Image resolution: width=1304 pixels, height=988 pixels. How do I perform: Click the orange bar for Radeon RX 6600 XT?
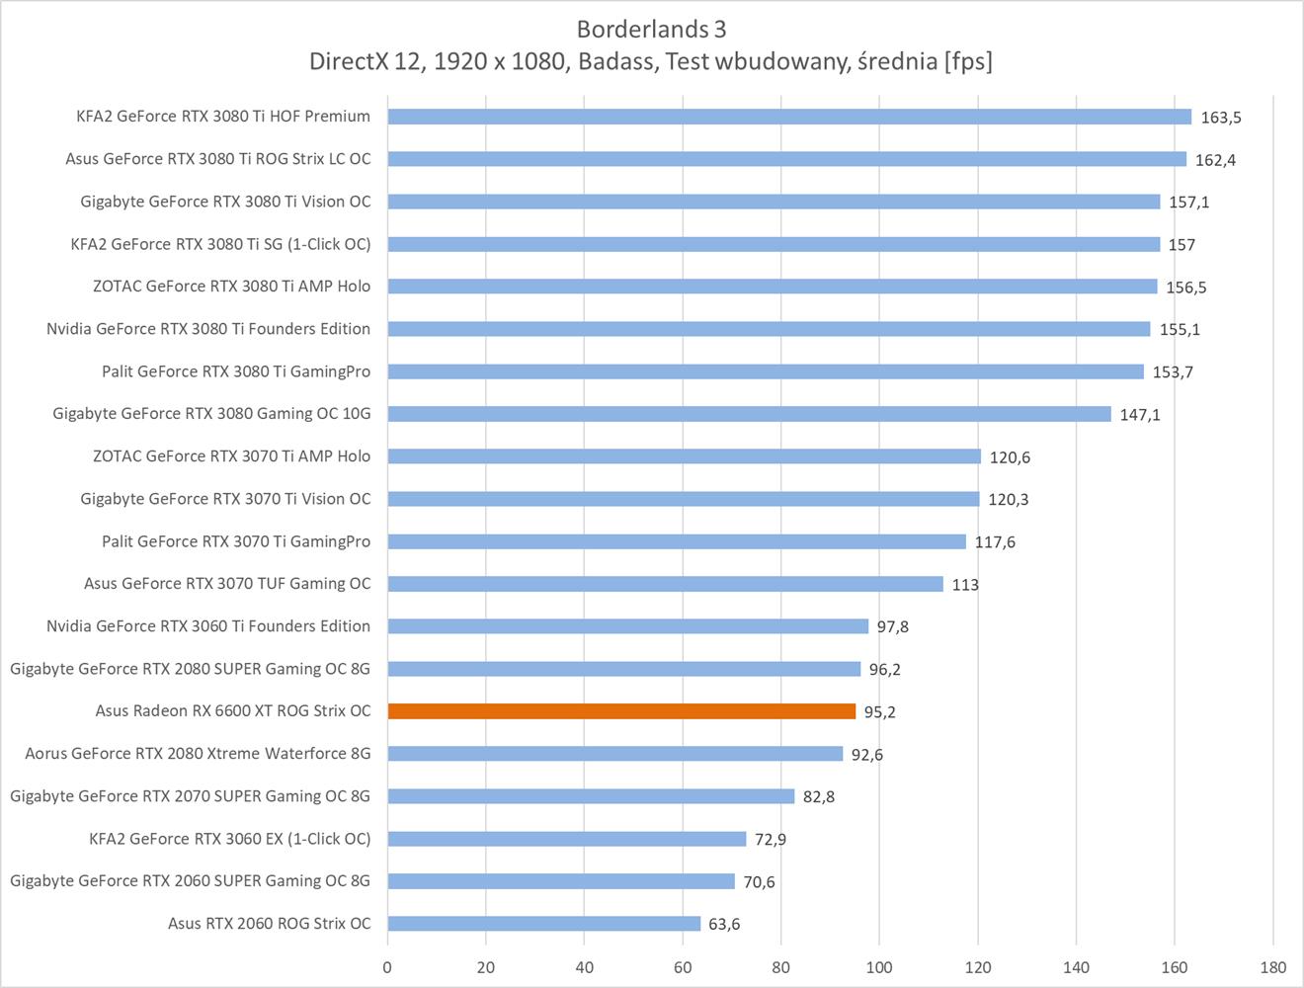click(621, 711)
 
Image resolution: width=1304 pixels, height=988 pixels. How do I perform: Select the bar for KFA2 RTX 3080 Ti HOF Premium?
click(789, 117)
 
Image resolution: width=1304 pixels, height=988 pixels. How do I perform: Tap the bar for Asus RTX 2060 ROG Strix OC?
click(543, 924)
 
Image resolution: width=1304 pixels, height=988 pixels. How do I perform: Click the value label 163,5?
click(1221, 118)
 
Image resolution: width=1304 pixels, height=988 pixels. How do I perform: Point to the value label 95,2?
click(880, 712)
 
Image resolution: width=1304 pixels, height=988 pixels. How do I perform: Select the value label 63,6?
click(724, 925)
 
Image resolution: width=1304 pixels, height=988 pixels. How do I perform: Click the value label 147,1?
click(1140, 415)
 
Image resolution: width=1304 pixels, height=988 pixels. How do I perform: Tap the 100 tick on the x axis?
click(879, 967)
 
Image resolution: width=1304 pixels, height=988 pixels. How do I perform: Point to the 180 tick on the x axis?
click(1272, 967)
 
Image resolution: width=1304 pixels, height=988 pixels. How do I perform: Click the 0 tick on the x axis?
click(387, 967)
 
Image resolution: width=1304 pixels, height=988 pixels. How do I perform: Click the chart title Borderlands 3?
click(652, 29)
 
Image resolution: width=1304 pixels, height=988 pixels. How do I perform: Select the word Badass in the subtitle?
click(616, 61)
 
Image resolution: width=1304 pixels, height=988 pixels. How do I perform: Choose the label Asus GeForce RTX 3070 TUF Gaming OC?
click(227, 584)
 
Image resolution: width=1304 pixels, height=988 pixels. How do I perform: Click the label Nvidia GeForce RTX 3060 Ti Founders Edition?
click(208, 626)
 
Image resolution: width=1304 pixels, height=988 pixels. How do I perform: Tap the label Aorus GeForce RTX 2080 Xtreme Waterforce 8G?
click(198, 754)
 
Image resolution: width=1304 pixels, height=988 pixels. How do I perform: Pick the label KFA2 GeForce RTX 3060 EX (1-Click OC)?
click(230, 839)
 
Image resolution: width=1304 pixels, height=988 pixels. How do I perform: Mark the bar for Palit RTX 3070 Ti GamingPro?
click(677, 541)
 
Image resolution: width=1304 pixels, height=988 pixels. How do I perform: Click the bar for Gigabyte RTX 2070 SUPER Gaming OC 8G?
click(591, 796)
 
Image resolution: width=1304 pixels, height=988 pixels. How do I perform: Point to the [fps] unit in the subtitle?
click(968, 61)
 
